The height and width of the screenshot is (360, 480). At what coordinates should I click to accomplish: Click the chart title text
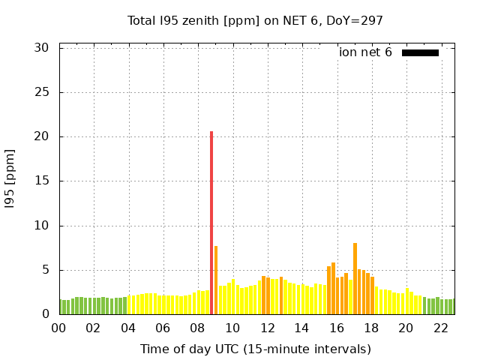coord(255,20)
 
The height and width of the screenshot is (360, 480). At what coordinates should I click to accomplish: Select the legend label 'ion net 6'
coord(365,52)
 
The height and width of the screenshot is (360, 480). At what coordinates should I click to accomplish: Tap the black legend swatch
coord(420,52)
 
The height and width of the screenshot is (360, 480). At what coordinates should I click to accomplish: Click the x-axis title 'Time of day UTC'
coord(255,349)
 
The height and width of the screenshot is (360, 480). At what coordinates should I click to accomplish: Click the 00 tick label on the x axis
coord(58,328)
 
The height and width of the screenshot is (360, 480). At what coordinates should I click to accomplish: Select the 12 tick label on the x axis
coord(267,328)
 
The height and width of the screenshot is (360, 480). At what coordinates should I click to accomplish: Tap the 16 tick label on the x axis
coord(337,328)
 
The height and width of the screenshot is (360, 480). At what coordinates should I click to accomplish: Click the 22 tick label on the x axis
coord(441,328)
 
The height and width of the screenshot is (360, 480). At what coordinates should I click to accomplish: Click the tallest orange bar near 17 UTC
coord(355,278)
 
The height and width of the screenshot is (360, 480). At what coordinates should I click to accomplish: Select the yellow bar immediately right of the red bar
coord(216,280)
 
